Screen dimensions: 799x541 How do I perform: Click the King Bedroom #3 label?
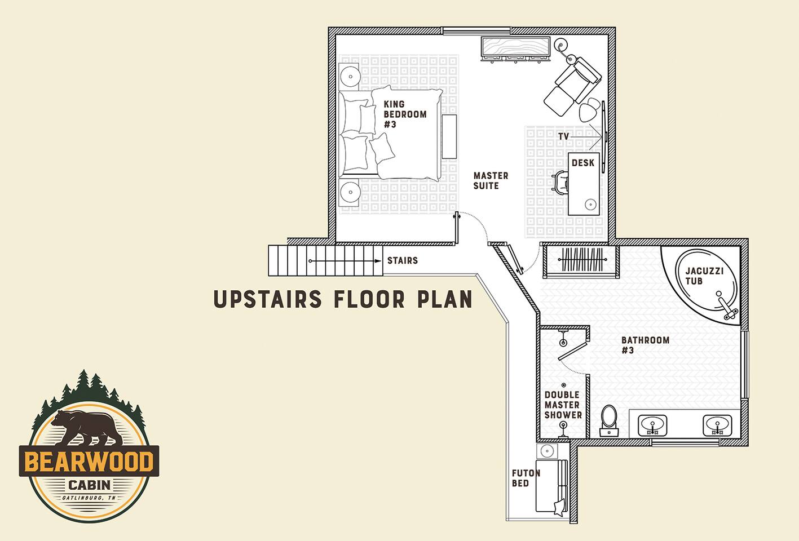pos(405,114)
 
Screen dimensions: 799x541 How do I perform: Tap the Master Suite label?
pos(491,181)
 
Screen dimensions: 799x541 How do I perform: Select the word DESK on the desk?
pos(583,163)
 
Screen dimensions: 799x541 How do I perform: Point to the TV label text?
pos(563,136)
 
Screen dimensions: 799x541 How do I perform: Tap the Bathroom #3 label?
pos(645,345)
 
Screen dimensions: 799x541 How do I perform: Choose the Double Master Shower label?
pos(563,405)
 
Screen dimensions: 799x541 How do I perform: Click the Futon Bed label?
pos(526,478)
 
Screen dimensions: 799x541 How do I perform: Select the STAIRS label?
pos(403,260)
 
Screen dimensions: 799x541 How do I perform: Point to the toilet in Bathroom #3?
pos(609,420)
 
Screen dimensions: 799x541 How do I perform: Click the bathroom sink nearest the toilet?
pos(652,425)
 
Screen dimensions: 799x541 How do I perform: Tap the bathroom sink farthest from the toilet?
pos(717,425)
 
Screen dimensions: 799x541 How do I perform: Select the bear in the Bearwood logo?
pos(87,428)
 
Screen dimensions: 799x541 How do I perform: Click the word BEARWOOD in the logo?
pos(89,462)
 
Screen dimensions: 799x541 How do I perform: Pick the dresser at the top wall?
pos(516,49)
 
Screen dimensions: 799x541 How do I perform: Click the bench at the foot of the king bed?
pos(449,136)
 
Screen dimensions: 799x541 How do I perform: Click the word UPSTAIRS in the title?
pos(267,299)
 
